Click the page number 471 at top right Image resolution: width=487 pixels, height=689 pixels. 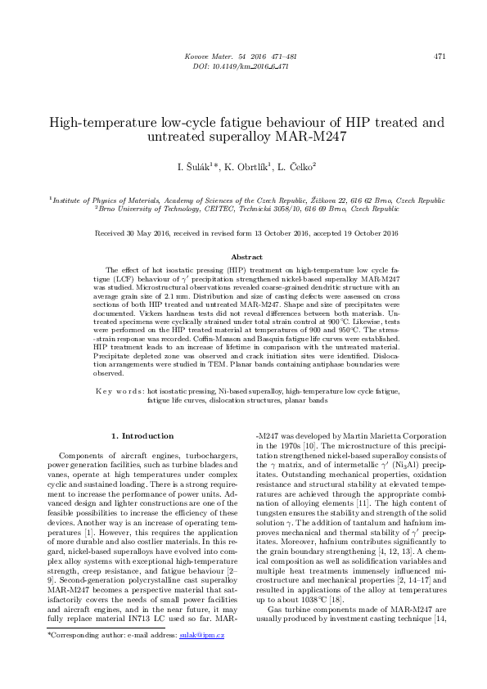[x=440, y=56]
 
